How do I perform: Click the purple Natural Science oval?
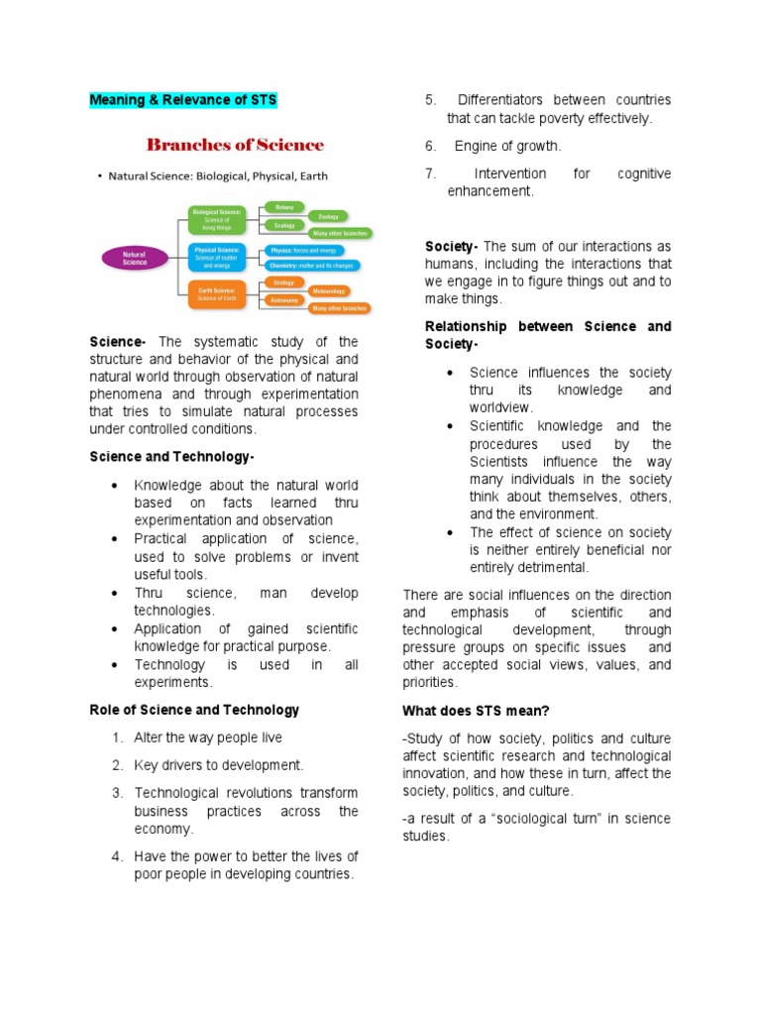pos(134,257)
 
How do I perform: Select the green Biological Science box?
pos(217,217)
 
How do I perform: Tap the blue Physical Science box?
pos(217,258)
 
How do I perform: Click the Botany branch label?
pos(284,206)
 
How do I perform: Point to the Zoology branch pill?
pos(326,215)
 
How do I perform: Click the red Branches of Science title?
pos(235,145)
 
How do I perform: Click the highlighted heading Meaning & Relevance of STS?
pos(183,100)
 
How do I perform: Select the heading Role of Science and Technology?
pos(194,710)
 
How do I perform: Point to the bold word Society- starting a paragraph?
pos(452,246)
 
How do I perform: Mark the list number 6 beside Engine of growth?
pos(431,146)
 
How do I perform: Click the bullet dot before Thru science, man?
pos(116,593)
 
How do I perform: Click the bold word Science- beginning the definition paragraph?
pos(118,342)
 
